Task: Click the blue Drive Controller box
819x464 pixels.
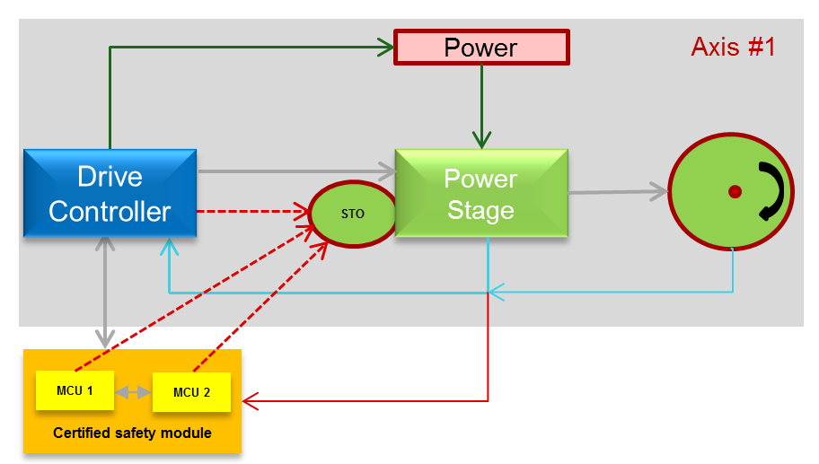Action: pyautogui.click(x=110, y=193)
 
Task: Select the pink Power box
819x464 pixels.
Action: pyautogui.click(x=481, y=48)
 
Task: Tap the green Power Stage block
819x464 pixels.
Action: pyautogui.click(x=480, y=194)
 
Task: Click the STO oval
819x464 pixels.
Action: pyautogui.click(x=352, y=214)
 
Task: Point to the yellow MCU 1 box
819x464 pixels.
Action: pyautogui.click(x=75, y=390)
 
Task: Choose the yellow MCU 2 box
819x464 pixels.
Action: pyautogui.click(x=191, y=392)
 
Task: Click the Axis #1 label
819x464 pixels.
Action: pyautogui.click(x=733, y=48)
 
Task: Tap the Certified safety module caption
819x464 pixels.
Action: pyautogui.click(x=132, y=433)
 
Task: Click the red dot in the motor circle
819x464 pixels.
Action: pyautogui.click(x=735, y=191)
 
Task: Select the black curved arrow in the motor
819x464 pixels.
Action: pyautogui.click(x=773, y=191)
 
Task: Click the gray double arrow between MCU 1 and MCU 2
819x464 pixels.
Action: pyautogui.click(x=134, y=391)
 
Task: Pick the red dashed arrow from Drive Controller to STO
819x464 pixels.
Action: pyautogui.click(x=251, y=212)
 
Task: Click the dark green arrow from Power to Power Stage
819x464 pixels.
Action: pyautogui.click(x=482, y=107)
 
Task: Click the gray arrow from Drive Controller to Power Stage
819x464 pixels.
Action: pyautogui.click(x=296, y=170)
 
